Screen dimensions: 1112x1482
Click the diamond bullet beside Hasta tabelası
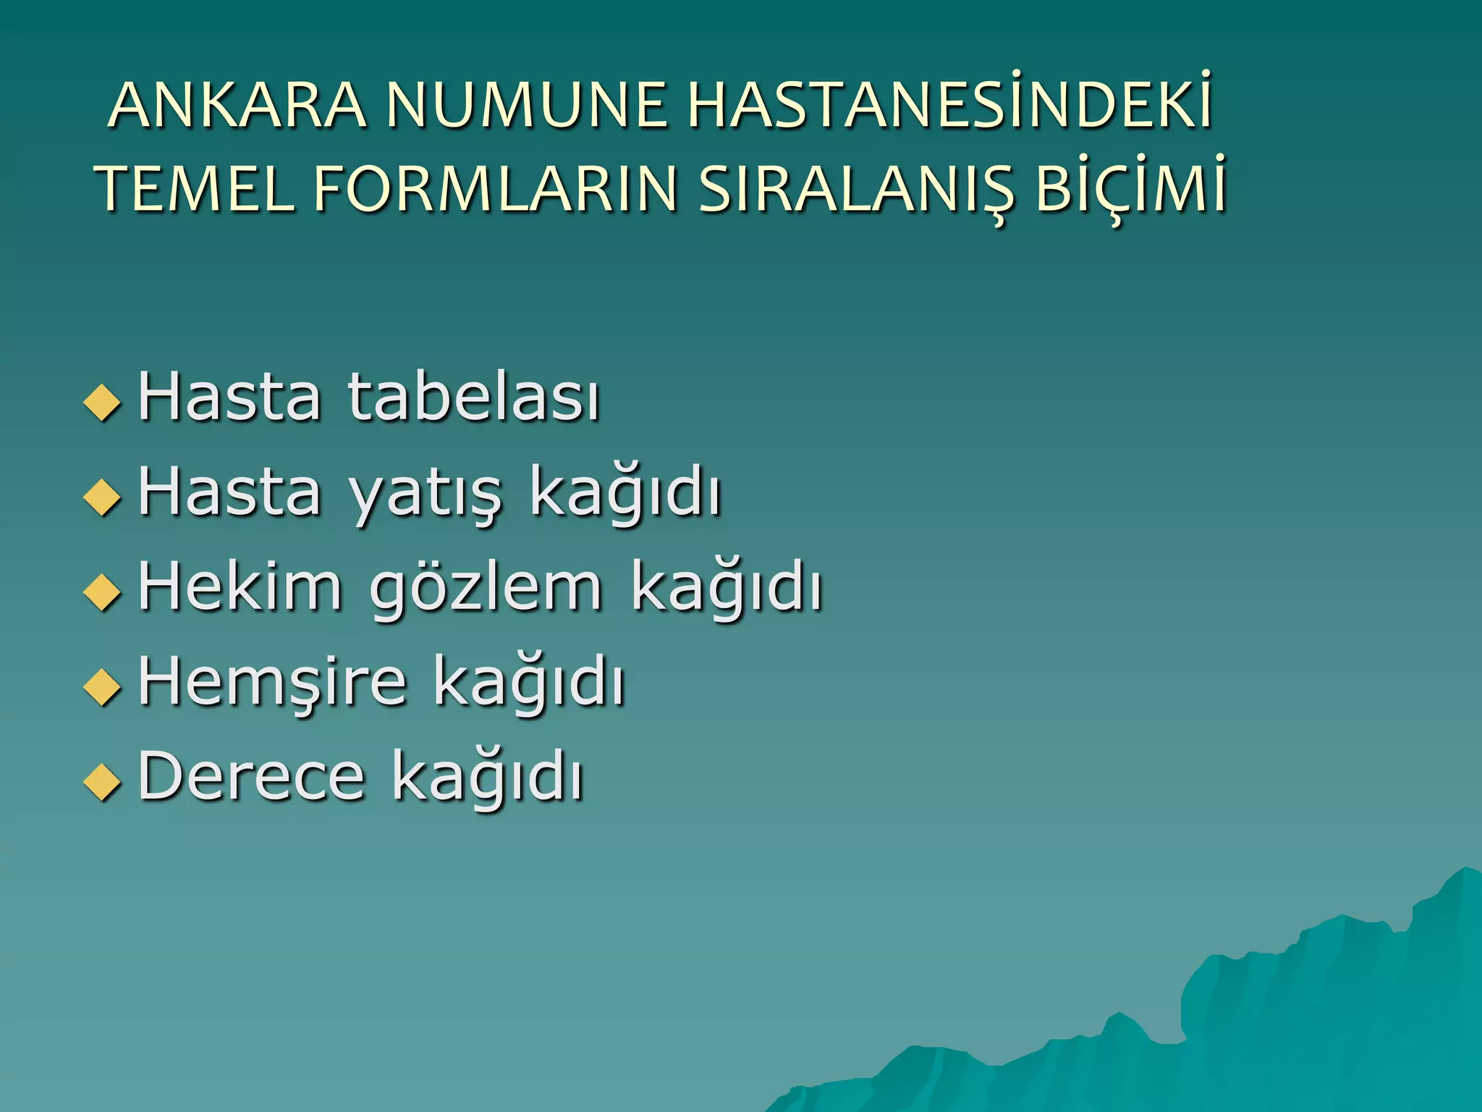tap(102, 402)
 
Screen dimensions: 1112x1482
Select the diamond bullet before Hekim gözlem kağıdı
tap(102, 591)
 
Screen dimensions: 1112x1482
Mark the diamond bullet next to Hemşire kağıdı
tap(102, 686)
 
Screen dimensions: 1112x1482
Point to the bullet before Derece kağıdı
tap(102, 781)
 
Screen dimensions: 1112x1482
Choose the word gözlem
tap(486, 589)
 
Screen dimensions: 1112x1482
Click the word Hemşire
tap(272, 683)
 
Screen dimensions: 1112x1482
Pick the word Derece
tap(251, 775)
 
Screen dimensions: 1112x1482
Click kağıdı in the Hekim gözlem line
tap(727, 588)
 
